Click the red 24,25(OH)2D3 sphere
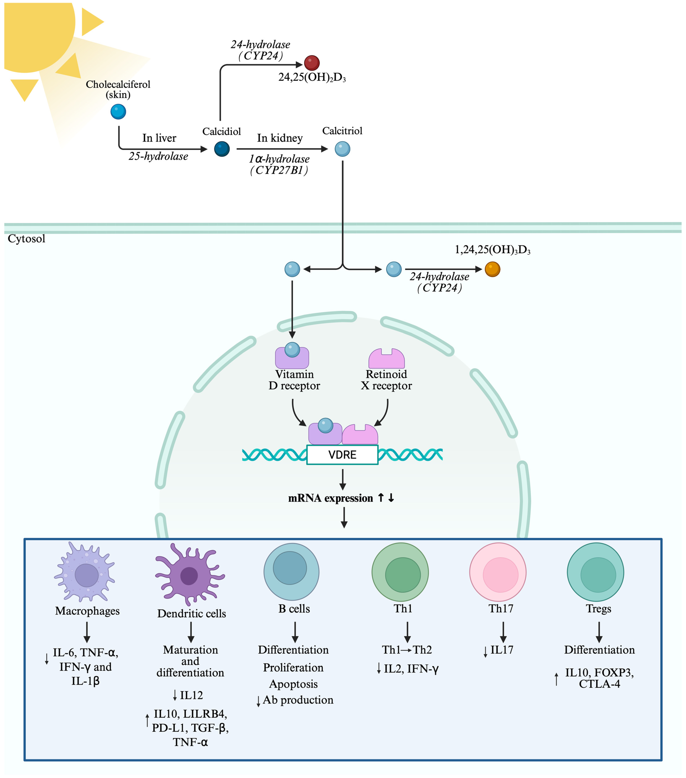[x=312, y=63]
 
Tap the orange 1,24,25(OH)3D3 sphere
[x=492, y=269]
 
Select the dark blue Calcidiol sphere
[x=222, y=149]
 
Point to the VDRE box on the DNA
[x=342, y=455]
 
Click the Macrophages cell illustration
[x=85, y=572]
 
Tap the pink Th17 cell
[x=498, y=572]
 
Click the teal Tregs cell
[x=595, y=572]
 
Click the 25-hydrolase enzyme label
[x=158, y=156]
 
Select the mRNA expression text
[x=330, y=498]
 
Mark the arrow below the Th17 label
[x=503, y=632]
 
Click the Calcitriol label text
[x=342, y=131]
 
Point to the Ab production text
[x=298, y=700]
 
